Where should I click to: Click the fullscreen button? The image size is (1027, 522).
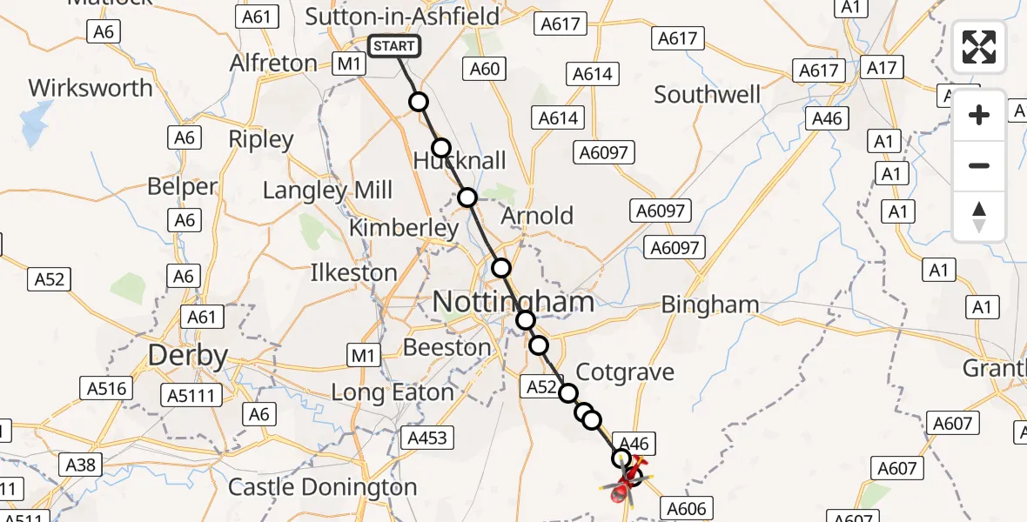[979, 47]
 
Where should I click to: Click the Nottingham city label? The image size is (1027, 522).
[513, 303]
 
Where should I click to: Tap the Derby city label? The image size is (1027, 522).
[188, 355]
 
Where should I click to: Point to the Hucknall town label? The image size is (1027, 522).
[460, 161]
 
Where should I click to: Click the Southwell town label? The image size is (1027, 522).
[708, 94]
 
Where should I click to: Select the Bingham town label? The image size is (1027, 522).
[710, 304]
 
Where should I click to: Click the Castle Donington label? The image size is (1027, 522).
[323, 486]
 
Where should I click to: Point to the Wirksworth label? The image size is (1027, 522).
[91, 88]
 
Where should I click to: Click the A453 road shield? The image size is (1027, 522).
[427, 438]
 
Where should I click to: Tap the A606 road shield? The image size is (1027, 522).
[688, 507]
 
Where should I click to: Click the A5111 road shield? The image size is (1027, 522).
[191, 395]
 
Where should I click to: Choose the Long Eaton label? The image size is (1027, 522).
[393, 392]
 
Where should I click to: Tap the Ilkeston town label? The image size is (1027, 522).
[353, 272]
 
